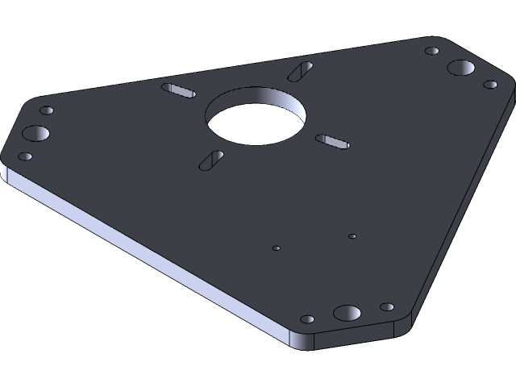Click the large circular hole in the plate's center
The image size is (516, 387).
pos(256,118)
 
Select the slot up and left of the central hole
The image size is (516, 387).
pos(179,89)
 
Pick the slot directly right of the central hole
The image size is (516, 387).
pos(333,142)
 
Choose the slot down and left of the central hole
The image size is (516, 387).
pos(211,160)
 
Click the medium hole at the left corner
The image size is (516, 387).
pos(35,133)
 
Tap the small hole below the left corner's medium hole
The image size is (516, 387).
pos(25,156)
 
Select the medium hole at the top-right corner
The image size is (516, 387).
pos(461,68)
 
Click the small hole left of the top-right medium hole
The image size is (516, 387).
pos(432,52)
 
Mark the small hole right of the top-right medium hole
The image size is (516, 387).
pos(490,84)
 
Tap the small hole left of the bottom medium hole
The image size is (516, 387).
pos(308,320)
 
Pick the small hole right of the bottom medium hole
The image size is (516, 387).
pos(387,307)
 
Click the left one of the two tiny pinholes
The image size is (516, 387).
pos(276,248)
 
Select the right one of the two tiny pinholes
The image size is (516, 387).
pos(352,236)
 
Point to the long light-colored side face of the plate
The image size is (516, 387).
pos(145,258)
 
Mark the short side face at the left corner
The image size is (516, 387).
pos(6,177)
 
